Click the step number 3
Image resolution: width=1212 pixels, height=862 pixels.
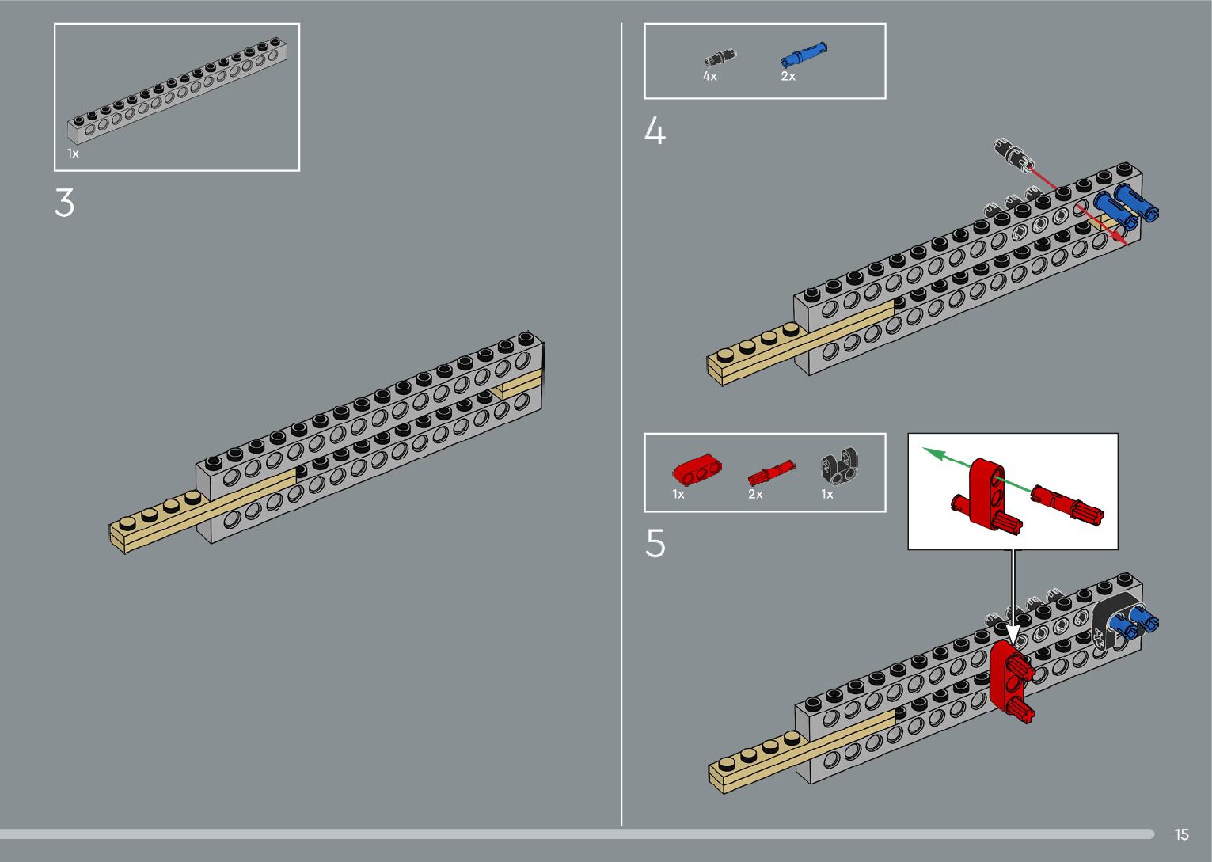(64, 203)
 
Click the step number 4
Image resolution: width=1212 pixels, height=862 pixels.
(655, 131)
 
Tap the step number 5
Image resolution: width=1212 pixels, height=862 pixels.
(655, 544)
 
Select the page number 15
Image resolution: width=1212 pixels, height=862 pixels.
(1181, 834)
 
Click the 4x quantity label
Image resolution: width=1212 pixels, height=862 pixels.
(709, 77)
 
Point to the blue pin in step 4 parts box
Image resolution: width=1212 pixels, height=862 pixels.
(803, 55)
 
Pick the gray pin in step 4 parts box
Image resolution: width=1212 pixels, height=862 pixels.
(720, 57)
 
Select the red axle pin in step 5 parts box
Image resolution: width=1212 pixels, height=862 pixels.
(769, 473)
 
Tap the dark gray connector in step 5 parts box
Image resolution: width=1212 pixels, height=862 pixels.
(840, 465)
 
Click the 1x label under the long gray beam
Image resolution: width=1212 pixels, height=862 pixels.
(73, 154)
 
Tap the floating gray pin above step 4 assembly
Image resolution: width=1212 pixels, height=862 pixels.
(1013, 152)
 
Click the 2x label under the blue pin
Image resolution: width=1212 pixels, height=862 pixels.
(788, 77)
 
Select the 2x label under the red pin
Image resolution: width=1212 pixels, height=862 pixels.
(755, 495)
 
